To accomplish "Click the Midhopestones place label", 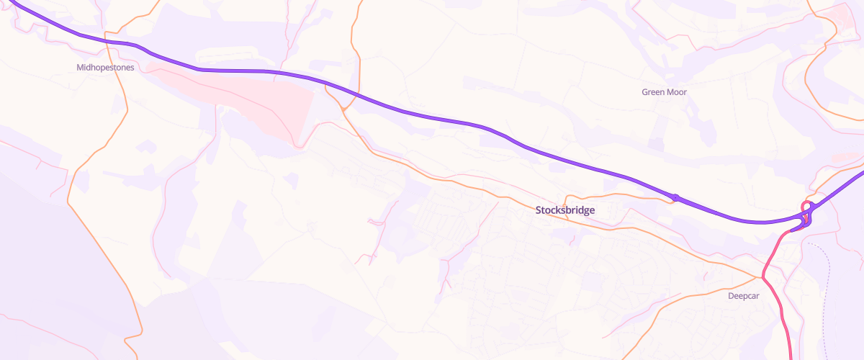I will pos(105,67).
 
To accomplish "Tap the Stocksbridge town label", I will pos(565,210).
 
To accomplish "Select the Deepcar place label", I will pos(744,296).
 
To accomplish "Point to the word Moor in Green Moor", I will pos(677,92).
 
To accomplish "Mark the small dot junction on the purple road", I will pos(675,197).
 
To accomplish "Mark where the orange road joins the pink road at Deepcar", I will pos(762,276).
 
